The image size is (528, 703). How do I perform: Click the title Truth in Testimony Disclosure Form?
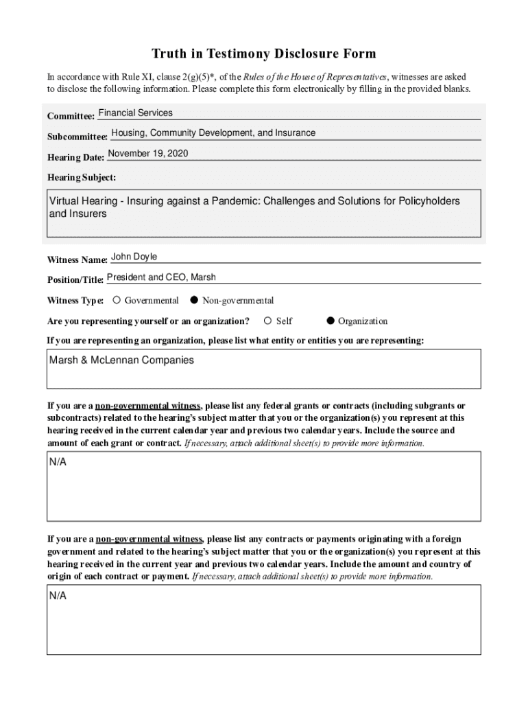tap(264, 54)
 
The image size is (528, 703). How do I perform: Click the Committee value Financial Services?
tap(136, 113)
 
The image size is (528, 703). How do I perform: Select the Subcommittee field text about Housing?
tap(213, 133)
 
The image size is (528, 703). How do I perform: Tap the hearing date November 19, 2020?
tap(148, 154)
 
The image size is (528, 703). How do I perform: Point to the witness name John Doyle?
tap(134, 257)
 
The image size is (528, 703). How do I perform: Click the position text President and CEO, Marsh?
tap(161, 277)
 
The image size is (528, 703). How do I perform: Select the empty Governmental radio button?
tap(117, 300)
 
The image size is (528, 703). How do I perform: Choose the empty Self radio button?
tap(268, 321)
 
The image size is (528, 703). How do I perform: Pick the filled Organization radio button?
tap(331, 321)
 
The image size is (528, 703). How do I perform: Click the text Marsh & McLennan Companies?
tap(121, 360)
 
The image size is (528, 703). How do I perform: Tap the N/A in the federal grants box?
tap(58, 463)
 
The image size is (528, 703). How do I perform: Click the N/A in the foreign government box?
tap(58, 596)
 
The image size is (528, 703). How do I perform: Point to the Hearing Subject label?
tap(82, 178)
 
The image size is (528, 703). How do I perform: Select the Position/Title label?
tap(75, 280)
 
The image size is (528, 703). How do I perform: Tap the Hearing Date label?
tap(75, 158)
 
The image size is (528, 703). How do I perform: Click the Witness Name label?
tap(77, 260)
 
